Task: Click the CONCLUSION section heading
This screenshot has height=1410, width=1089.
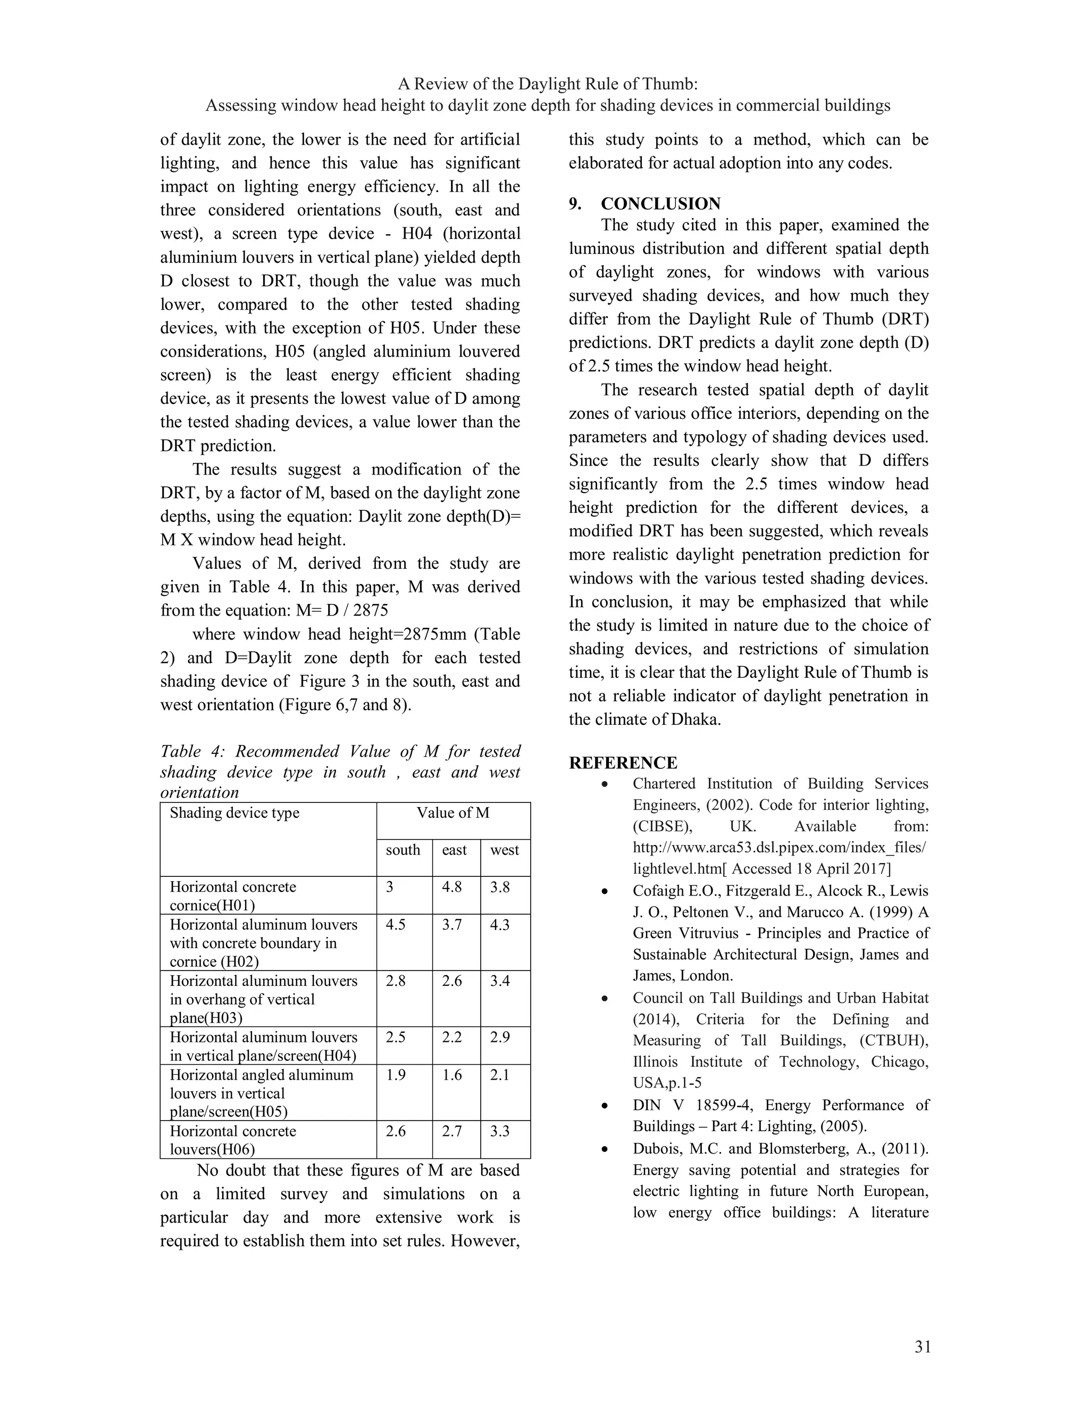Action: (x=660, y=204)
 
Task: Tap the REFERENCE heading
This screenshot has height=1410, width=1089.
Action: (x=623, y=763)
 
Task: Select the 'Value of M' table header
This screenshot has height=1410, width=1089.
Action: (x=453, y=813)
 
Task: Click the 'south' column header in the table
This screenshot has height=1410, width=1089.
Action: (x=403, y=850)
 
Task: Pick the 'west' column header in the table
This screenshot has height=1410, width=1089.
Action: (x=504, y=850)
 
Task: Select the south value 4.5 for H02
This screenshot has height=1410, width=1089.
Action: (x=396, y=925)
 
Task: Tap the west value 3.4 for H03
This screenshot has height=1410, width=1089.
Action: (x=500, y=981)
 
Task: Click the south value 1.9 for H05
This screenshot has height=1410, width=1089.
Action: (x=396, y=1075)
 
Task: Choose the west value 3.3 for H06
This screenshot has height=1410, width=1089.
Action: (x=500, y=1131)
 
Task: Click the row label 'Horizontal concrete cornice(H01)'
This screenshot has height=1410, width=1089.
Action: (x=233, y=895)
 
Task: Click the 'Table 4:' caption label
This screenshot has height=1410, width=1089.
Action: (x=190, y=751)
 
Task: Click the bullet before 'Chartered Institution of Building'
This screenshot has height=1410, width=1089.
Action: (x=604, y=784)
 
